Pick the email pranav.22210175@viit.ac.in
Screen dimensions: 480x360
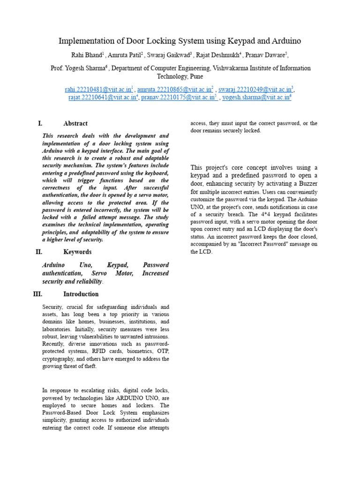178,97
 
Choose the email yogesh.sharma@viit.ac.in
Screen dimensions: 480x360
255,97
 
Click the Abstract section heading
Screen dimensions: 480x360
75,123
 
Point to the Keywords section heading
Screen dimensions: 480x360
77,252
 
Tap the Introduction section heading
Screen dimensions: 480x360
81,294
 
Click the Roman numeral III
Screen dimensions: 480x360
38,294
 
